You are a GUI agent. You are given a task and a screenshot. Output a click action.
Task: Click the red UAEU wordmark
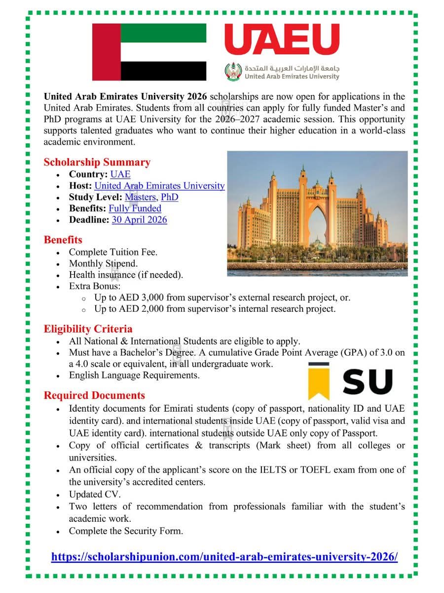(x=282, y=40)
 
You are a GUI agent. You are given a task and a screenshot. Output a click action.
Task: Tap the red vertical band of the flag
(x=106, y=52)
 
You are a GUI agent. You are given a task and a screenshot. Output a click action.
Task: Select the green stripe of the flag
(x=163, y=33)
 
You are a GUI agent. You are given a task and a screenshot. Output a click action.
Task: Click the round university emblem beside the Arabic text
(x=233, y=72)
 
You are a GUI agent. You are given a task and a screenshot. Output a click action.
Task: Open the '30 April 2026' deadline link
(x=140, y=219)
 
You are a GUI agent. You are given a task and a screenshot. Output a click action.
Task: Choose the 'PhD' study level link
(x=170, y=197)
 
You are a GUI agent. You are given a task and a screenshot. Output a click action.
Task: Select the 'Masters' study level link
(x=141, y=197)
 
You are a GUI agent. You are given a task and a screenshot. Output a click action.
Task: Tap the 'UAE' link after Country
(x=120, y=174)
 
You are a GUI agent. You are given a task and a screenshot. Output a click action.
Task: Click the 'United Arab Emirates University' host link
(x=159, y=185)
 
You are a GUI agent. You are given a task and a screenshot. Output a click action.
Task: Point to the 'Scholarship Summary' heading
(x=97, y=162)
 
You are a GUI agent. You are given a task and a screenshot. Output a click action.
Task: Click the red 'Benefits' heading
(x=63, y=240)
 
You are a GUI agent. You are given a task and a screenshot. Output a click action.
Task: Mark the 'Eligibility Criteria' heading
(x=88, y=329)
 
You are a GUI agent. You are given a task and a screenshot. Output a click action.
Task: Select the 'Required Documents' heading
(x=94, y=395)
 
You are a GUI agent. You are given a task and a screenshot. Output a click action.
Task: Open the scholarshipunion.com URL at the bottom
(x=224, y=556)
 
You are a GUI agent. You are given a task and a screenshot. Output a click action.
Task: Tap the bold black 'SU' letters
(x=367, y=382)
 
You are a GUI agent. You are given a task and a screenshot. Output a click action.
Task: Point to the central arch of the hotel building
(x=318, y=222)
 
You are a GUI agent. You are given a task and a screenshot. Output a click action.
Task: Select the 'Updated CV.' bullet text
(x=95, y=494)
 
